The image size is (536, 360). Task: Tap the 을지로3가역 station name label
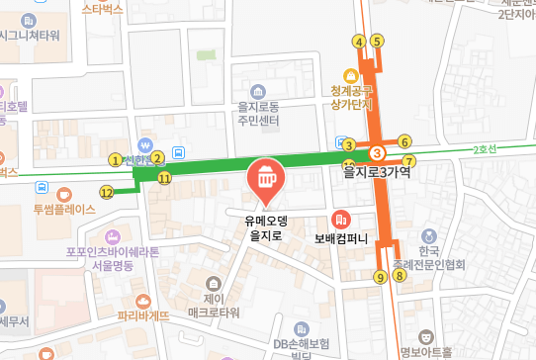point(376,172)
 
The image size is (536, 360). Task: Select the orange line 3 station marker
point(377,153)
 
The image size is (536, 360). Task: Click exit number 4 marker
point(359,42)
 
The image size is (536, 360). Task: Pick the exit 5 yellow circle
point(377,42)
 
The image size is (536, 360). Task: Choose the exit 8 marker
point(399,277)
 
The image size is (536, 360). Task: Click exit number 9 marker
point(380,277)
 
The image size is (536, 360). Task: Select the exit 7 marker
point(409,160)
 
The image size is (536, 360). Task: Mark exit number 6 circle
point(404,141)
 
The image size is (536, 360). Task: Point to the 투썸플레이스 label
point(63,209)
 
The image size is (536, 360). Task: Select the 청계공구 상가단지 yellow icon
point(349,75)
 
